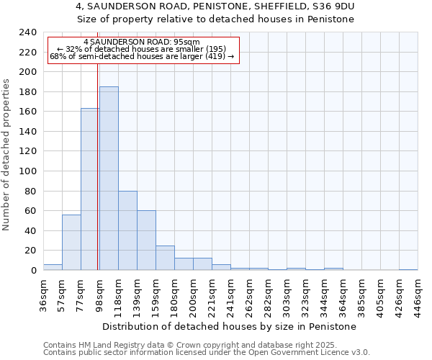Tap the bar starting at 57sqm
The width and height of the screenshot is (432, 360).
(71, 242)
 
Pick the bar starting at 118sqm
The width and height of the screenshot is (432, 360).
(127, 230)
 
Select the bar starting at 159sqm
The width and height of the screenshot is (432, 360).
(165, 258)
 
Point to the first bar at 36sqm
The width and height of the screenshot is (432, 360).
(53, 267)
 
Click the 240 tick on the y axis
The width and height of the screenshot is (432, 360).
(27, 32)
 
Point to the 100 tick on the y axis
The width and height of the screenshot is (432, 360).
(27, 171)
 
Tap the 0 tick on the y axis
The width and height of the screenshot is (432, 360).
(33, 270)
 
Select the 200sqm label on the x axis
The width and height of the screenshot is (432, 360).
(193, 295)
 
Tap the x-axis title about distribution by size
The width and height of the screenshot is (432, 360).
(230, 326)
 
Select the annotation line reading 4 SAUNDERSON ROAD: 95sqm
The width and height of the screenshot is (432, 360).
(142, 42)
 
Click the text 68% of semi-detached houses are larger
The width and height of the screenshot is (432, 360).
(142, 56)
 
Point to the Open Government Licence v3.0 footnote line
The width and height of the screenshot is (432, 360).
(207, 353)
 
